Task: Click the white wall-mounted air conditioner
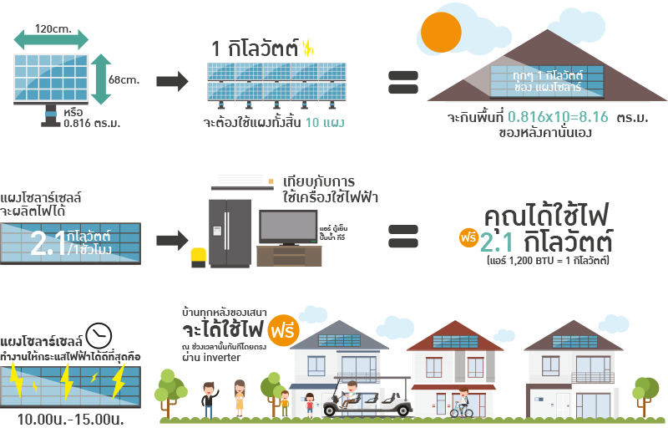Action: [242, 181]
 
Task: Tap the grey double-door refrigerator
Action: [229, 232]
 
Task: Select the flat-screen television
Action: [287, 227]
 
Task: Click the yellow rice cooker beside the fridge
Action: [199, 256]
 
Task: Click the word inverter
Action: [223, 358]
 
